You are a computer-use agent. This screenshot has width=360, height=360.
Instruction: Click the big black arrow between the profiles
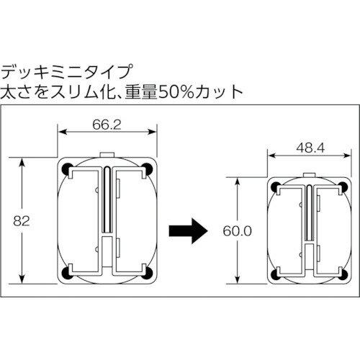[186, 230]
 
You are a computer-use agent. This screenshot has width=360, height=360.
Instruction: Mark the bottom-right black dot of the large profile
[148, 272]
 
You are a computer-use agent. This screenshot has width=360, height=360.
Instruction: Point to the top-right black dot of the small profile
[337, 189]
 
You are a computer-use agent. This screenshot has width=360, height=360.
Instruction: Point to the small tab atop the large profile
[107, 155]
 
